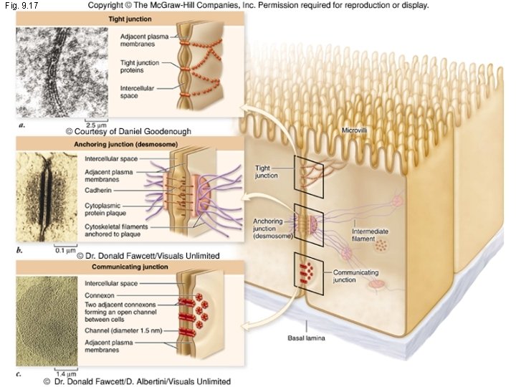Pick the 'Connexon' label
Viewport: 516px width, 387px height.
100,295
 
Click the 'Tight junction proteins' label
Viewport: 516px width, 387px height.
137,67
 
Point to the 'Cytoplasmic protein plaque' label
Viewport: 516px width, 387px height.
107,210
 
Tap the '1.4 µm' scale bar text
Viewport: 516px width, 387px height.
66,373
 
